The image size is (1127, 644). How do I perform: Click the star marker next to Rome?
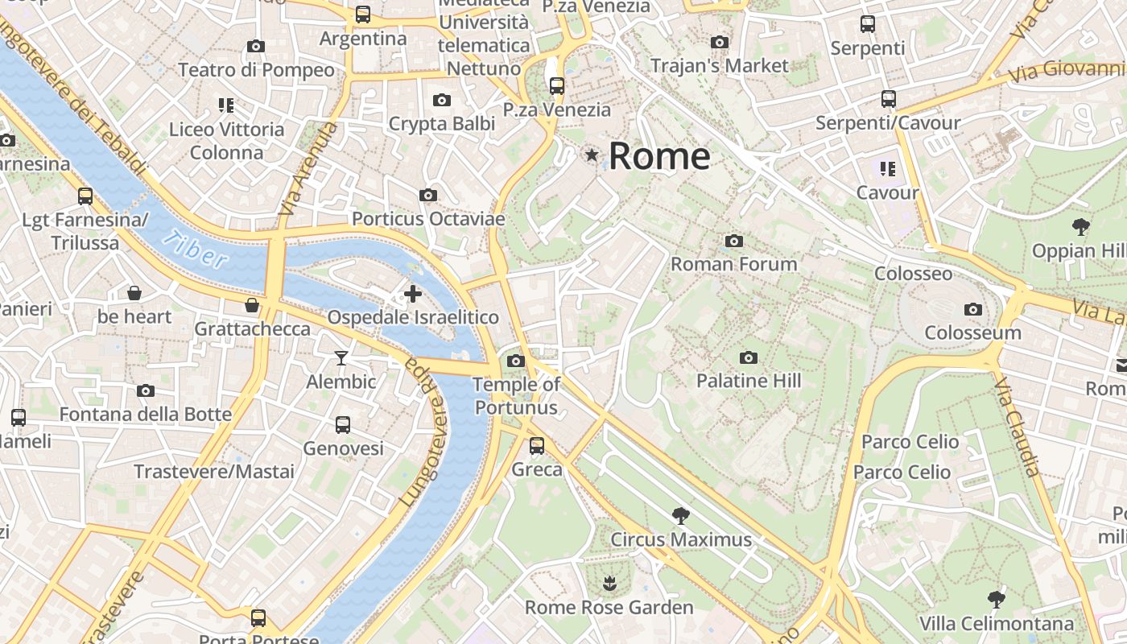coord(592,155)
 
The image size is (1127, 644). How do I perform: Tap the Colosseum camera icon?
coord(972,309)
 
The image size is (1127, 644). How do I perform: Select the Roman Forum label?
coord(733,264)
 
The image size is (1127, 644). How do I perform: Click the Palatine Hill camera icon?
coord(748,357)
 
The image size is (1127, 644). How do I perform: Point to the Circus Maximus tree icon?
coord(681,515)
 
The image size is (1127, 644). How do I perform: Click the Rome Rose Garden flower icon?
coord(609,582)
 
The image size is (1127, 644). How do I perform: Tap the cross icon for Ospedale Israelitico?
coord(413,294)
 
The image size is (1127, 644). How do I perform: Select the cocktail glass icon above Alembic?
coord(341,357)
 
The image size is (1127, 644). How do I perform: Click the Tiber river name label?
coord(195,250)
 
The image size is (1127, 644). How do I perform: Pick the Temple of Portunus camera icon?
coord(516,361)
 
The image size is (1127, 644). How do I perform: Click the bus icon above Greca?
coord(537,445)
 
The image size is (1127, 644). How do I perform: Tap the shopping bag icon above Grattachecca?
coord(252,305)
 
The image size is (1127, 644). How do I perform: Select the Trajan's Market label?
coord(719,66)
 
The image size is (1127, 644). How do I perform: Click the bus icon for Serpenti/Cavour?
coord(888,99)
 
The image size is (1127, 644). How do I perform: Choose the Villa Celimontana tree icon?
coord(997,599)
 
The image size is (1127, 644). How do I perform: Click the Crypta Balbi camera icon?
coord(441,101)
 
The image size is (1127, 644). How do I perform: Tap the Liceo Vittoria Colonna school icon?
coord(226,105)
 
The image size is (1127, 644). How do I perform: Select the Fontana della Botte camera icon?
coord(146,391)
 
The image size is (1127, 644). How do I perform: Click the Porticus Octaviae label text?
coord(428,219)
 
